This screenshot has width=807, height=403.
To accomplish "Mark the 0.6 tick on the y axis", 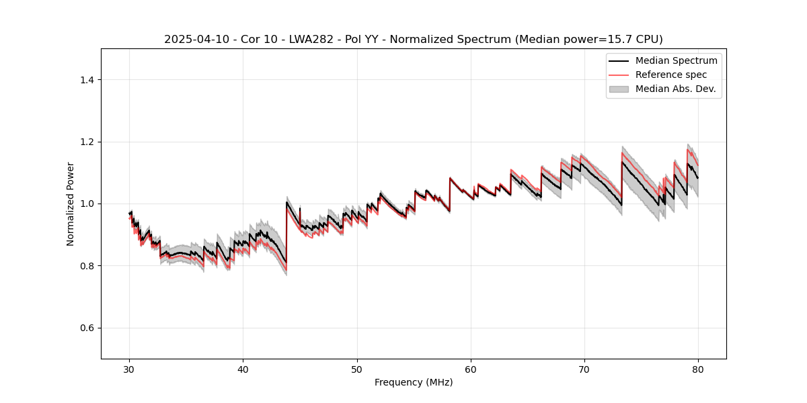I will [88, 328].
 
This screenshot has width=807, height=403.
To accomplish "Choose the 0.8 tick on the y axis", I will [88, 266].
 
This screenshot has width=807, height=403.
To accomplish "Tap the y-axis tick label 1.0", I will [88, 204].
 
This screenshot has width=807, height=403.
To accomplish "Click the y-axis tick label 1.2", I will [88, 142].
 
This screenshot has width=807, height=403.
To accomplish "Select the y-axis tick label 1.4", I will [88, 80].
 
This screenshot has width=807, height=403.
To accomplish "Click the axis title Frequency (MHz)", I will [414, 382].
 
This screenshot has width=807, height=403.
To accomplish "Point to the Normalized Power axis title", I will [71, 204].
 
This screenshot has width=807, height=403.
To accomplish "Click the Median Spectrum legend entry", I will [676, 60].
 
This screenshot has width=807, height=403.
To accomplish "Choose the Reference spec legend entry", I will [670, 75].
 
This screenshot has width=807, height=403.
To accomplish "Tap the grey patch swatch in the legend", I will [619, 89].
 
